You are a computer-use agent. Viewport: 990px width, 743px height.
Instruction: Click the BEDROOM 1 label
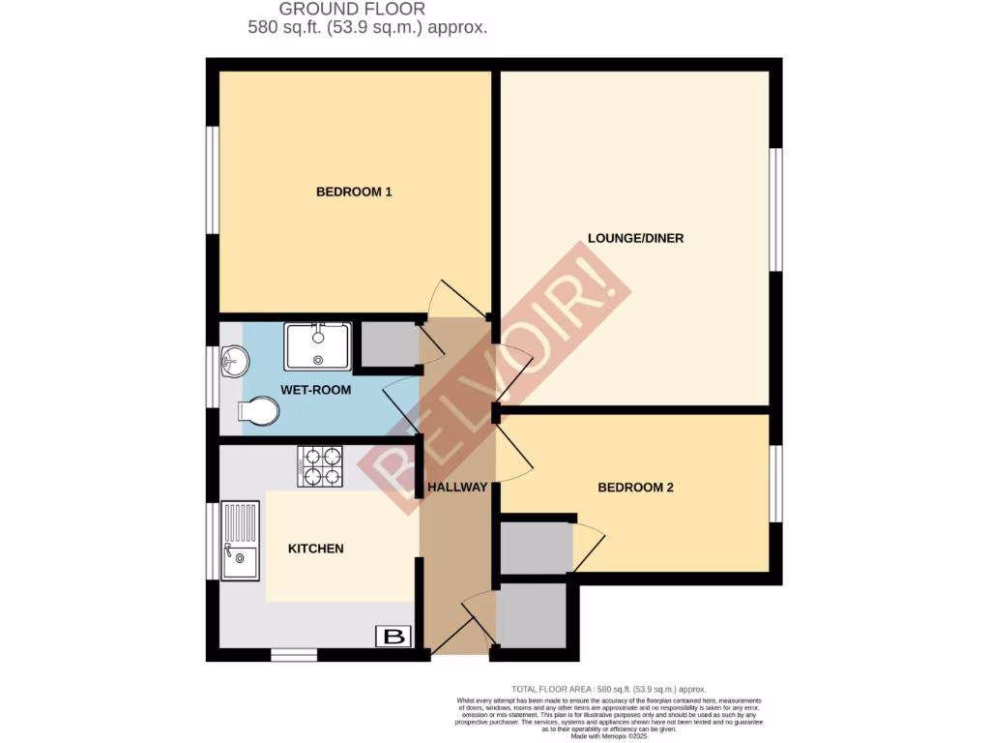[354, 192]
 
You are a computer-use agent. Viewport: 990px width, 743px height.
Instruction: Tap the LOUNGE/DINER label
[635, 238]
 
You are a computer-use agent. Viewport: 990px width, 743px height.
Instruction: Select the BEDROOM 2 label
[635, 488]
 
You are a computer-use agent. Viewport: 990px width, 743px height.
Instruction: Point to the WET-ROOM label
[315, 390]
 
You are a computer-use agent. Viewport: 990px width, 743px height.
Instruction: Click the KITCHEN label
[316, 549]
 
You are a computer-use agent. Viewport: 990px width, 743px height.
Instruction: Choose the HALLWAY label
[458, 487]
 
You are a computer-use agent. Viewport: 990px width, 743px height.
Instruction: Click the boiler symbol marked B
[393, 637]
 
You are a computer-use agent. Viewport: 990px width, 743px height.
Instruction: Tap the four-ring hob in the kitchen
[320, 466]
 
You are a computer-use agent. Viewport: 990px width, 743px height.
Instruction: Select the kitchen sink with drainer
[240, 541]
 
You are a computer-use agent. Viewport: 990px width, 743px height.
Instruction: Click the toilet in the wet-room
[258, 414]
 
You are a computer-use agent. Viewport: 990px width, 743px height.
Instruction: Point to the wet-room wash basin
[233, 363]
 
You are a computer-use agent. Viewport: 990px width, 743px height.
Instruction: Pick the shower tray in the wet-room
[317, 346]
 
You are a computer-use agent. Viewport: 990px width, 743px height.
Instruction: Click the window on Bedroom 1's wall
[213, 179]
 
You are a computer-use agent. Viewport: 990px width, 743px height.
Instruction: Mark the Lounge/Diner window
[775, 210]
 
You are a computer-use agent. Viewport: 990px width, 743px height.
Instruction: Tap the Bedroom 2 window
[775, 484]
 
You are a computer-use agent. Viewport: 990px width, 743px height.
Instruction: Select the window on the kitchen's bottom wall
[294, 655]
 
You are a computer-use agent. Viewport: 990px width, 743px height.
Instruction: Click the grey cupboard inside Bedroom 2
[535, 549]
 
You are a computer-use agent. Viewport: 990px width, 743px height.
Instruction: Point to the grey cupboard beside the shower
[386, 345]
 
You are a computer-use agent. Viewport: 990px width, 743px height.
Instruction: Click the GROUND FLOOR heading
[366, 10]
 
